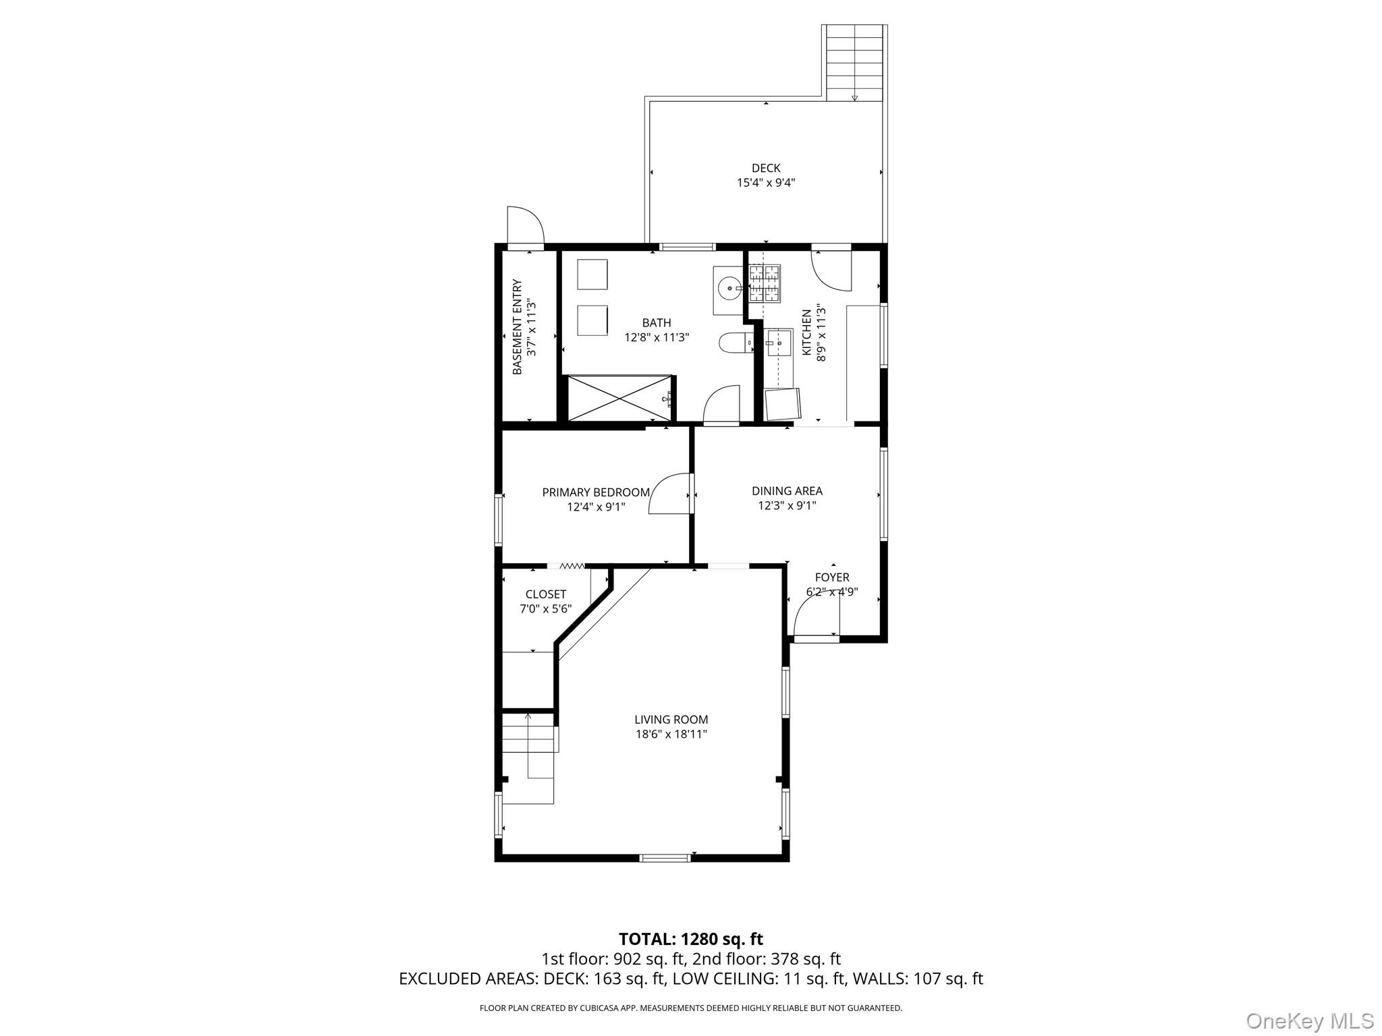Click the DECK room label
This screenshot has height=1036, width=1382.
pyautogui.click(x=766, y=168)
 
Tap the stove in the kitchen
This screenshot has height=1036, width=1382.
pyautogui.click(x=765, y=283)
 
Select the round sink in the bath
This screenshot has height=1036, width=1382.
pyautogui.click(x=728, y=290)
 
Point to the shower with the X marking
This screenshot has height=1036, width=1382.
pyautogui.click(x=619, y=399)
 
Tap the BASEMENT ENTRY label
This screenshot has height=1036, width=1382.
pyautogui.click(x=518, y=327)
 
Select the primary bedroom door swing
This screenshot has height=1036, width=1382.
pyautogui.click(x=670, y=494)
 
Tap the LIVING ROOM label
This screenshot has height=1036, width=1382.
pyautogui.click(x=671, y=720)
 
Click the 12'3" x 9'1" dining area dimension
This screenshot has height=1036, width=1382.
pyautogui.click(x=787, y=505)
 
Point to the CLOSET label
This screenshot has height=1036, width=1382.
pyautogui.click(x=545, y=594)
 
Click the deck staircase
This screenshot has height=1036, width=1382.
pyautogui.click(x=854, y=62)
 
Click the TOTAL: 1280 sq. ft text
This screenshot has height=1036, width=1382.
pyautogui.click(x=690, y=939)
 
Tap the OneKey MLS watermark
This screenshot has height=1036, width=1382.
pyautogui.click(x=1309, y=1020)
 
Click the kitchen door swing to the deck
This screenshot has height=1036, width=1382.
pyautogui.click(x=831, y=271)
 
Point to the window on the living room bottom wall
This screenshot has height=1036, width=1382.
pyautogui.click(x=665, y=858)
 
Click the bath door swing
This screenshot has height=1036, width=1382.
pyautogui.click(x=721, y=404)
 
